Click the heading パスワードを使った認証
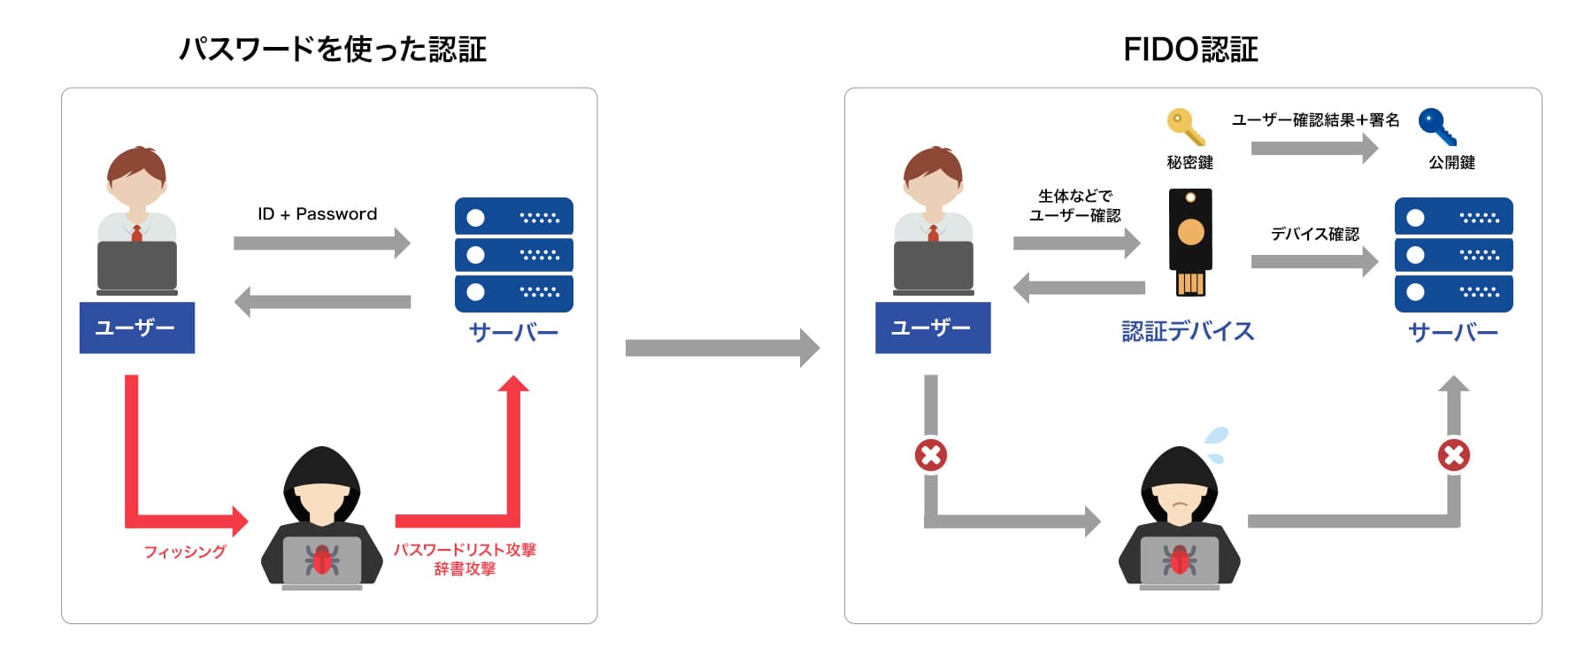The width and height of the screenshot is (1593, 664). click(x=333, y=50)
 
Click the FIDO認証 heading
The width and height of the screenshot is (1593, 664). click(x=1190, y=50)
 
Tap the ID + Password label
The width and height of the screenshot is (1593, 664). click(x=317, y=214)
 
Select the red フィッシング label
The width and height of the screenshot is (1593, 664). click(x=185, y=552)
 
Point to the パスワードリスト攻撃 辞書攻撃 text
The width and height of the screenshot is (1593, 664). click(x=465, y=559)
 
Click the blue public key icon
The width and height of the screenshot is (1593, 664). click(x=1437, y=127)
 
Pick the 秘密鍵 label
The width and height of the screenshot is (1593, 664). click(x=1189, y=163)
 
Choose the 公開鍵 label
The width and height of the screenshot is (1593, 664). click(x=1451, y=163)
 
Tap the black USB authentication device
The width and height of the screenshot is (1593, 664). click(x=1190, y=241)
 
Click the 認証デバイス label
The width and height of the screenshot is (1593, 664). click(x=1188, y=331)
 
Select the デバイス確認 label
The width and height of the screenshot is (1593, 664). click(x=1314, y=234)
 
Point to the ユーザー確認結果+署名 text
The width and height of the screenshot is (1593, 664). click(x=1315, y=120)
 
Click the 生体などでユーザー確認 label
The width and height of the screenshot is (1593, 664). click(x=1074, y=205)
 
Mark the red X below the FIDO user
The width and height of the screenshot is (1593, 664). click(x=931, y=455)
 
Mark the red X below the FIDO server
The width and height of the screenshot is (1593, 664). click(x=1453, y=455)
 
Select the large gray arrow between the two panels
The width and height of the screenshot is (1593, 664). click(x=721, y=348)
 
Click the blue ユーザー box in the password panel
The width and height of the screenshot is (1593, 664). click(x=137, y=328)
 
